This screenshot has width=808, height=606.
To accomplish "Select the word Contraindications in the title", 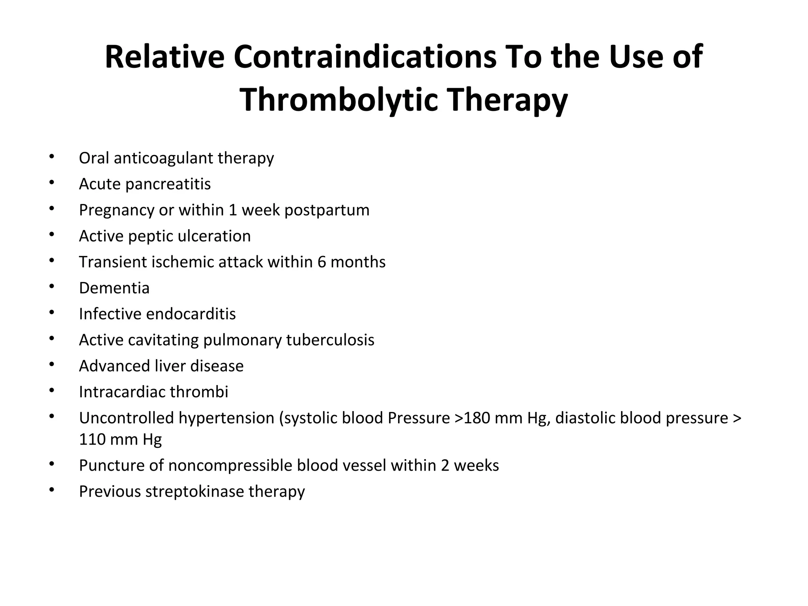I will click(365, 57).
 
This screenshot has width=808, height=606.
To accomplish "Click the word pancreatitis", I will click(168, 184).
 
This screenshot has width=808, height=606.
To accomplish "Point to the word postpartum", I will click(327, 210).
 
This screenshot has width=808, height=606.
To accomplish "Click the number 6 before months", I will click(322, 262).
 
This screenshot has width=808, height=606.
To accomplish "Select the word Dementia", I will click(114, 288).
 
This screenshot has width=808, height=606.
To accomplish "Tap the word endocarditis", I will click(191, 314).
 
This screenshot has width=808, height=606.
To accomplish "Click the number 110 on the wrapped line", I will click(92, 440).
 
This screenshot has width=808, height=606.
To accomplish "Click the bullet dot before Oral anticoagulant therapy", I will click(51, 157).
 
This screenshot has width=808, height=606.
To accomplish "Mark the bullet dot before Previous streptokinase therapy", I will click(51, 490).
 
